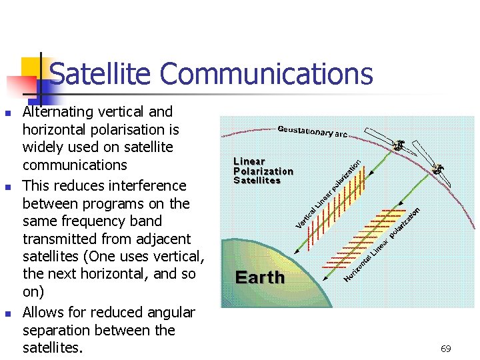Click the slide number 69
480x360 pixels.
(446, 349)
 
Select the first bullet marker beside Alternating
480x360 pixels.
(8, 113)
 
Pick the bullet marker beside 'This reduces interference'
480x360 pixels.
(8, 187)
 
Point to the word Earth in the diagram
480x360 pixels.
(260, 277)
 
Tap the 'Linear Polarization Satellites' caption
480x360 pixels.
(263, 171)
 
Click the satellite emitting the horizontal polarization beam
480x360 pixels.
(438, 169)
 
